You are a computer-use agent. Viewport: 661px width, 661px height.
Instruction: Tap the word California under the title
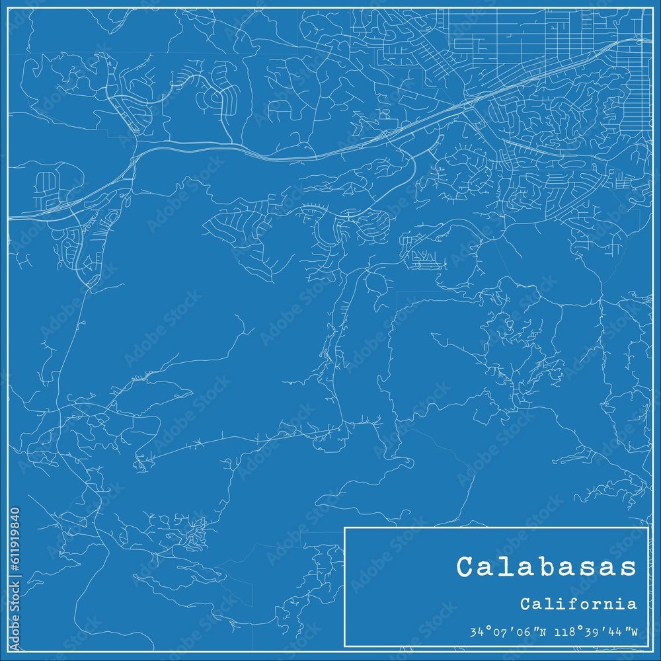578,604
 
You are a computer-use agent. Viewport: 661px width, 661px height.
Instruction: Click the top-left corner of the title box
345,527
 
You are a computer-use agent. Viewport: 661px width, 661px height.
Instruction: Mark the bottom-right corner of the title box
648,645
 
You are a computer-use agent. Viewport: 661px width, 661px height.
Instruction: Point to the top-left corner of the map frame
9,9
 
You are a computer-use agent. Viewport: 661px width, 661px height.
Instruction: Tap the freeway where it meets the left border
9,216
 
